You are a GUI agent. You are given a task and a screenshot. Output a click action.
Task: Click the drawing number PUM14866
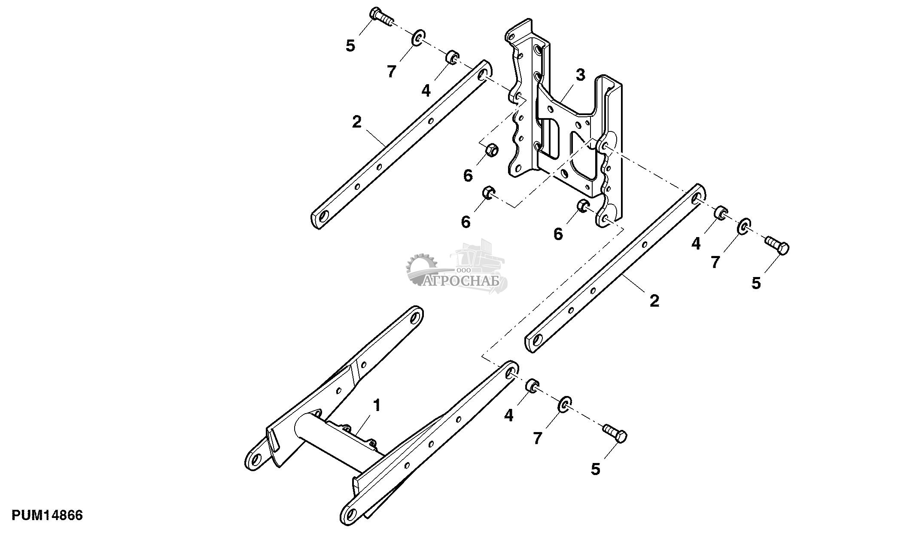47,515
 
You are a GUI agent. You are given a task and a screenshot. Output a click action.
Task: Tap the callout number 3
580,75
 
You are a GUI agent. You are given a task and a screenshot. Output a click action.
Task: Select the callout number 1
377,405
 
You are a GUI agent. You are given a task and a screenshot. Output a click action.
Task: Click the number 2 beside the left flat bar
356,122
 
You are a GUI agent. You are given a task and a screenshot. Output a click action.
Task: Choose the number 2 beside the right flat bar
654,300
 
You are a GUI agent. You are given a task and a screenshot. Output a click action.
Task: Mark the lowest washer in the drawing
565,404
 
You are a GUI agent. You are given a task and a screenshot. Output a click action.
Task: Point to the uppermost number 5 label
350,46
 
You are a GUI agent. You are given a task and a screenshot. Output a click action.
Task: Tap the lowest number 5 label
595,469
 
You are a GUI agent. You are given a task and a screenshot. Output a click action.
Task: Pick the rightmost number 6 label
558,234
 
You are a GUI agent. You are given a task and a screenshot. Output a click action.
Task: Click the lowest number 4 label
508,415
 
